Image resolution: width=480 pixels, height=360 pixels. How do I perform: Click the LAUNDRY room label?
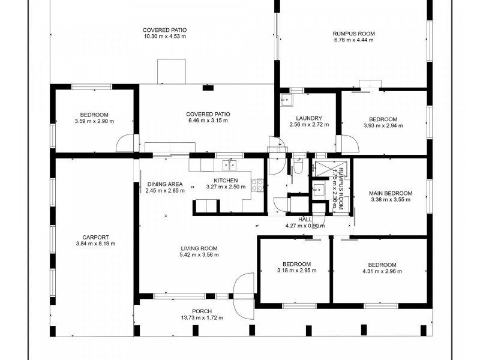(x=309, y=118)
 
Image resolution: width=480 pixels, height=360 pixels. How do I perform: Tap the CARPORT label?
(x=95, y=237)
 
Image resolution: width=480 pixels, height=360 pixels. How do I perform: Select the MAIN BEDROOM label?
(x=391, y=193)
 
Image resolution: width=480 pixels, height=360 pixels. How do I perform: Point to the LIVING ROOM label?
(x=199, y=248)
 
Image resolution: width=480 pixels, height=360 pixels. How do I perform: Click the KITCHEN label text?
(x=226, y=181)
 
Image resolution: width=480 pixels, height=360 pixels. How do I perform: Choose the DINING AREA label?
(x=165, y=184)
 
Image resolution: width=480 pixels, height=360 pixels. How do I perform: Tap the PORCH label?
(x=202, y=311)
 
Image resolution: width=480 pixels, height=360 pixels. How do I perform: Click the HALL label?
(x=305, y=220)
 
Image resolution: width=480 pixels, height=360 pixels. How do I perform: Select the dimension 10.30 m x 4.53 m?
(x=164, y=37)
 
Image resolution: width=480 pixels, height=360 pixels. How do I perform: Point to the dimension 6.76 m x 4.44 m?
(x=353, y=40)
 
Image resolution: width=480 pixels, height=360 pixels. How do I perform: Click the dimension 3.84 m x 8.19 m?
(x=95, y=244)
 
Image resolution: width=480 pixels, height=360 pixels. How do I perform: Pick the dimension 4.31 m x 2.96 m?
(x=382, y=271)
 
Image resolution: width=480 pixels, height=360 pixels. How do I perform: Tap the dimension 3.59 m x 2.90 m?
(x=94, y=121)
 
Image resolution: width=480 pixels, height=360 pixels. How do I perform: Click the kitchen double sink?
(x=229, y=165)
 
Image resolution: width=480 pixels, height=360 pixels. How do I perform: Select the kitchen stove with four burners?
(x=257, y=185)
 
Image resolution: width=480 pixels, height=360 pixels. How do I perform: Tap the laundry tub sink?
(x=287, y=100)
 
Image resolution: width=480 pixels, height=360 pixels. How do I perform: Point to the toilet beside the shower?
(x=298, y=167)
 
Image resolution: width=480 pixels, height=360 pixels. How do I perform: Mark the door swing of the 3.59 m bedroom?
(x=125, y=143)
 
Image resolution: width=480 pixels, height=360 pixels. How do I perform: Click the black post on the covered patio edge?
(x=208, y=88)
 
